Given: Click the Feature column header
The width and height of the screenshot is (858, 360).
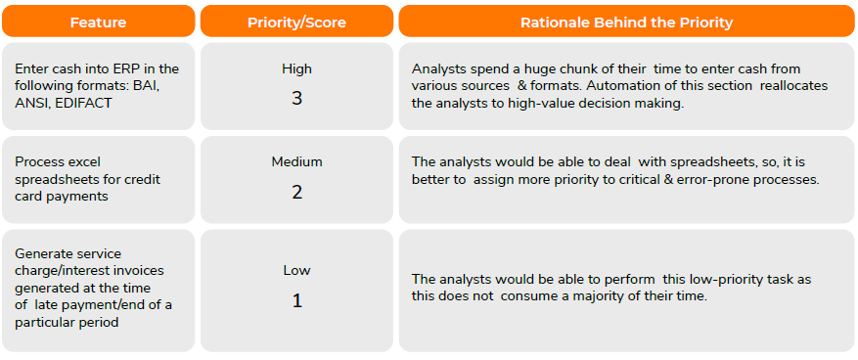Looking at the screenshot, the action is pyautogui.click(x=98, y=22).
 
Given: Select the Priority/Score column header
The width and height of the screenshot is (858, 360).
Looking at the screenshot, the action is pyautogui.click(x=296, y=22).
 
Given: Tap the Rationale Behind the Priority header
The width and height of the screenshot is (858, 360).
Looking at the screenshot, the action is pyautogui.click(x=626, y=22).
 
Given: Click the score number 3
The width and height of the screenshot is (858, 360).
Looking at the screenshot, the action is pyautogui.click(x=296, y=99).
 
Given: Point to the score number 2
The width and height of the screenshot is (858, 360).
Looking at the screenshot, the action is pyautogui.click(x=296, y=192).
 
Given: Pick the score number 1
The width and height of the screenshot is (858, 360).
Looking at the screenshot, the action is pyautogui.click(x=296, y=301).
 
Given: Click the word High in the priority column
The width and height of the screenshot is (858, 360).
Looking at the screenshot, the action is pyautogui.click(x=296, y=68).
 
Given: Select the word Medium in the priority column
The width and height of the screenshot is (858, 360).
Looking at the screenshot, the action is pyautogui.click(x=296, y=162).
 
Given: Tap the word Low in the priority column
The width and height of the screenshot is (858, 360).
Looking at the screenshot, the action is pyautogui.click(x=296, y=270).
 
